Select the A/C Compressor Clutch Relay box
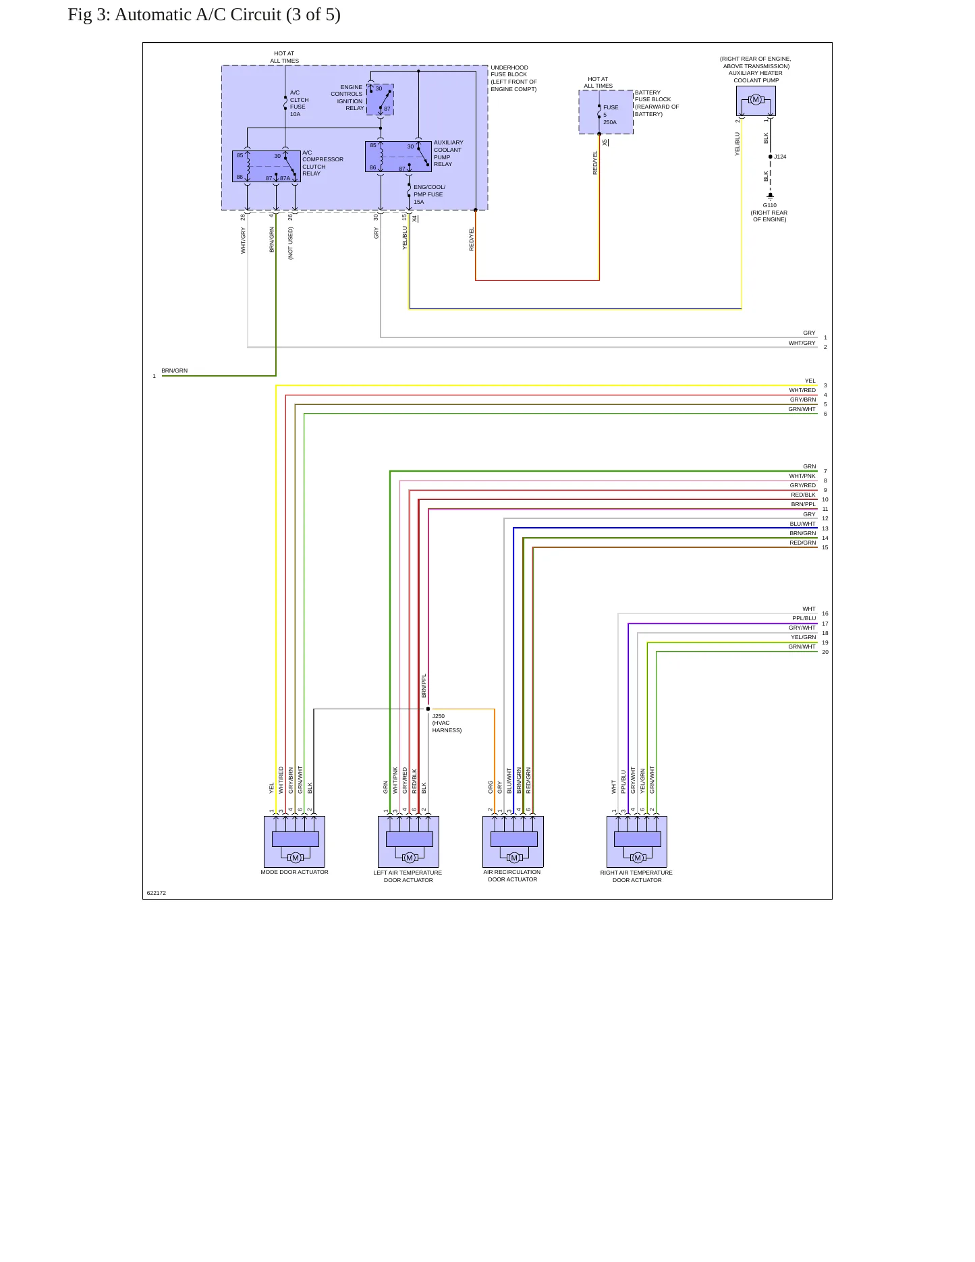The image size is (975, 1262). tap(267, 167)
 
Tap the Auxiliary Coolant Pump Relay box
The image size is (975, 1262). tap(398, 157)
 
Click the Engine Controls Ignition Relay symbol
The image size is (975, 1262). tap(380, 100)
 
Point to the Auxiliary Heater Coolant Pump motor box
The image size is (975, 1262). tap(756, 101)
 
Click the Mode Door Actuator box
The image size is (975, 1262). tap(294, 842)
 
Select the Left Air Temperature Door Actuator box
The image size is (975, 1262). tap(408, 842)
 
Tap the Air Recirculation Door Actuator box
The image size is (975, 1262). tap(513, 842)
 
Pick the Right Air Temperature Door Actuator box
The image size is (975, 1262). tap(637, 842)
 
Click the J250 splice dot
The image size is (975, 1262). tap(428, 709)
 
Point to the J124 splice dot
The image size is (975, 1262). tap(770, 157)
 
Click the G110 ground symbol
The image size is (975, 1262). tap(770, 196)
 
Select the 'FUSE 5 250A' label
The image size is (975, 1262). tap(611, 115)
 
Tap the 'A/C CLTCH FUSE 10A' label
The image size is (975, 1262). tap(299, 103)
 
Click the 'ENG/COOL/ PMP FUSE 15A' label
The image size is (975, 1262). tap(429, 194)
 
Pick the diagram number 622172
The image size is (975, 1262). tap(157, 893)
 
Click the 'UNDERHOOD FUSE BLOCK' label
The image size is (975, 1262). tap(509, 71)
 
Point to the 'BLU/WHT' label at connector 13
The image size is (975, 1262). tap(802, 524)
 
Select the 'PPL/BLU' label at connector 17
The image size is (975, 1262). tap(804, 618)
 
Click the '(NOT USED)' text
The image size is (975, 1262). tap(291, 244)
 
